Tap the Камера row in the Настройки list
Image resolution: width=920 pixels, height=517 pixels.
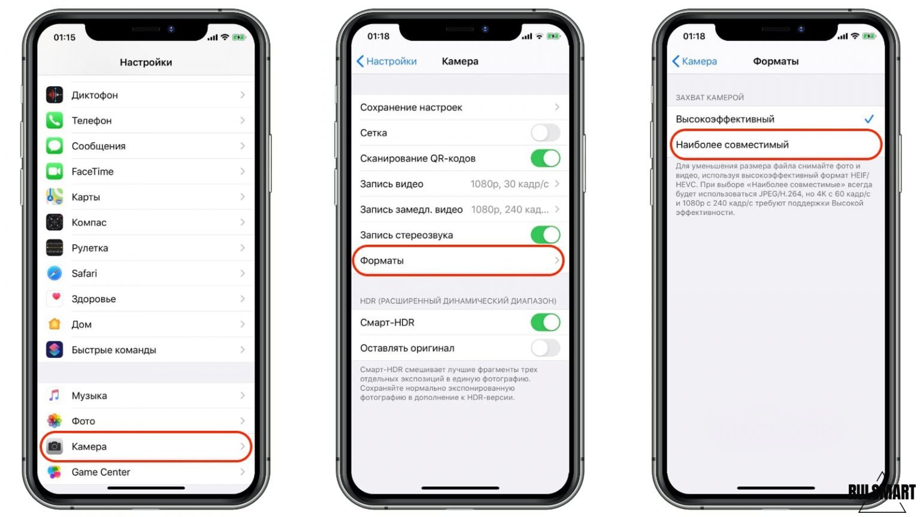click(146, 446)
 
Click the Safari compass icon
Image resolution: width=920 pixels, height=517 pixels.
click(55, 273)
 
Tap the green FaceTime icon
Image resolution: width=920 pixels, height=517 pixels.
click(55, 171)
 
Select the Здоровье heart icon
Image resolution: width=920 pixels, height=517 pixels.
click(55, 299)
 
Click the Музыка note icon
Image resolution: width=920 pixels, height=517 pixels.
click(55, 395)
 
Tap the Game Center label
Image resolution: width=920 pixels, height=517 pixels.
click(101, 472)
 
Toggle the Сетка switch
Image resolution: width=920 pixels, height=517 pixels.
click(545, 132)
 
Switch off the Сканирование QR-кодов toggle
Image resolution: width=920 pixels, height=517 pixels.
click(545, 159)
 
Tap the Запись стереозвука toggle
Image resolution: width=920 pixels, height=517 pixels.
click(545, 235)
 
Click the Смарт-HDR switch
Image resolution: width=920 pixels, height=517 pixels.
click(545, 323)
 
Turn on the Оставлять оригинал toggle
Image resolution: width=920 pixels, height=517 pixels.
click(545, 348)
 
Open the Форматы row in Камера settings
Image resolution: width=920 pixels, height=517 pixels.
click(458, 260)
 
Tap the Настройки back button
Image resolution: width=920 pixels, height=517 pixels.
click(386, 61)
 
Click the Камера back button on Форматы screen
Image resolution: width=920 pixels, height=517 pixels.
click(695, 61)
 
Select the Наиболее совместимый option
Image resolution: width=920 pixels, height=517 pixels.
click(776, 144)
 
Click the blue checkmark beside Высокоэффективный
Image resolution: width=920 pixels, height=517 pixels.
click(869, 119)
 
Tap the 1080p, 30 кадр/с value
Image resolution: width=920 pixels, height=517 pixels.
click(509, 184)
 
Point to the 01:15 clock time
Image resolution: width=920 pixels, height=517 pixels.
click(65, 37)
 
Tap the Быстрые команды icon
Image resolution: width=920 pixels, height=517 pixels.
click(55, 349)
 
